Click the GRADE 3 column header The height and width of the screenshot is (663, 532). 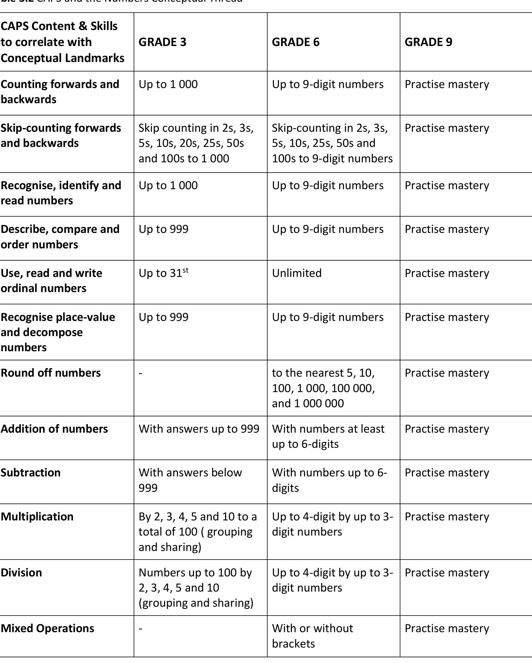163,42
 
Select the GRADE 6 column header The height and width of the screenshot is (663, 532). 296,42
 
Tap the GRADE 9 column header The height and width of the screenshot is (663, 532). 428,42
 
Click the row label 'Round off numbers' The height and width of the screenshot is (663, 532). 51,373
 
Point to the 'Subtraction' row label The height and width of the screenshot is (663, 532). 31,473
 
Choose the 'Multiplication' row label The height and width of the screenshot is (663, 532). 37,517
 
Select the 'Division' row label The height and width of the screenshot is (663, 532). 21,573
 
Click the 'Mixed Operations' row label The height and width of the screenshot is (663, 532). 48,628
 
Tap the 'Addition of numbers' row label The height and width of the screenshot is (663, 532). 54,429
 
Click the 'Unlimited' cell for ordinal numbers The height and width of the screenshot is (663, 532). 297,273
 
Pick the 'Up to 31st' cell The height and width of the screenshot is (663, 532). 163,273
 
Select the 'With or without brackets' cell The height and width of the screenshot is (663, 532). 312,636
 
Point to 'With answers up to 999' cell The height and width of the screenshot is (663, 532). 199,429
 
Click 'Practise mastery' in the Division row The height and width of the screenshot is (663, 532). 447,573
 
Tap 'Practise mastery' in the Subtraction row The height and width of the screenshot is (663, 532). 447,473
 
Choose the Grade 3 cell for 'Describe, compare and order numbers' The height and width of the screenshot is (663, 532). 163,229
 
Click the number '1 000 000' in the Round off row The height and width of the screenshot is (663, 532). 319,404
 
